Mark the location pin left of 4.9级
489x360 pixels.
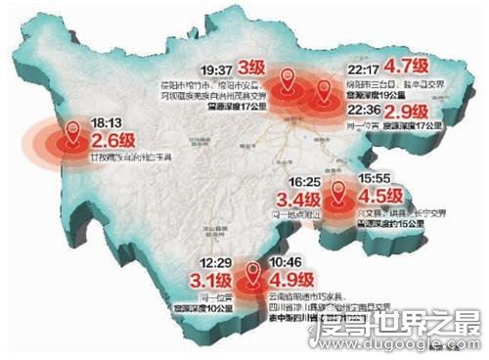point(253,269)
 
